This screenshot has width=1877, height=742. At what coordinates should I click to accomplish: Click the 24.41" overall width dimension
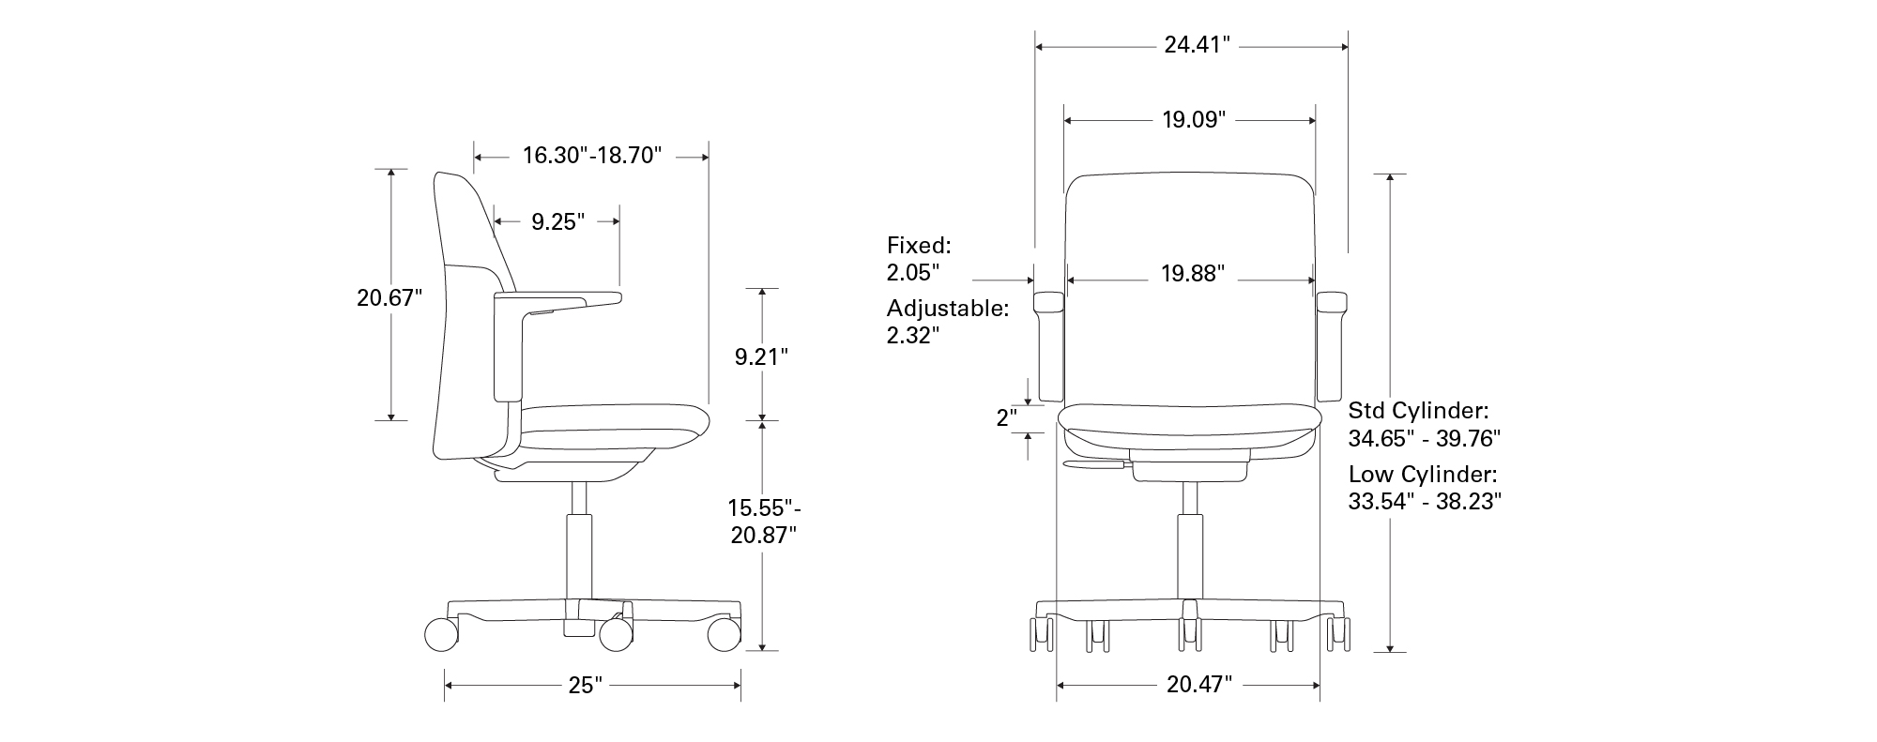(1197, 44)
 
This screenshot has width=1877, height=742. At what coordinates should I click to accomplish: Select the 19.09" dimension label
(1194, 120)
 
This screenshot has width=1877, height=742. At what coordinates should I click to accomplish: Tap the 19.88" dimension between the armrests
(1193, 274)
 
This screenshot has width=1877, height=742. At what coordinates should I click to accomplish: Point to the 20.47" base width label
(1198, 685)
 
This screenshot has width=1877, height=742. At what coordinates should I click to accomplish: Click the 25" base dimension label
(585, 686)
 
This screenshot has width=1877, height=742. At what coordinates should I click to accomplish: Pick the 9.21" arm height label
(761, 356)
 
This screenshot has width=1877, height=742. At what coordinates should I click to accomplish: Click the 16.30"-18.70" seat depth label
(592, 155)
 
